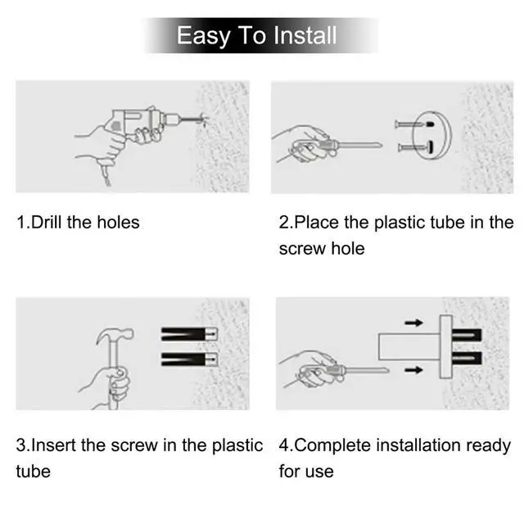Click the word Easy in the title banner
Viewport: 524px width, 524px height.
coord(203,36)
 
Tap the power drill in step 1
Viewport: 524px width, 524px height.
coord(147,122)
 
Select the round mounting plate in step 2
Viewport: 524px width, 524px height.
coord(431,135)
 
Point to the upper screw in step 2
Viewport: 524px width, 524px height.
coord(413,124)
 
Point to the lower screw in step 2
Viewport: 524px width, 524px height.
coord(415,147)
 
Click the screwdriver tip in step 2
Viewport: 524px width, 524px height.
coord(380,145)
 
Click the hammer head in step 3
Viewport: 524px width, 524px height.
coord(115,335)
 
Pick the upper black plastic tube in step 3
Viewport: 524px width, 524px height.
coord(189,334)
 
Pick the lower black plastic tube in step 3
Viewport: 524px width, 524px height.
coord(189,359)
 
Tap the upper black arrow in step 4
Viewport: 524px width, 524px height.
coord(413,323)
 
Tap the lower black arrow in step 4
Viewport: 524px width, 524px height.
coord(413,370)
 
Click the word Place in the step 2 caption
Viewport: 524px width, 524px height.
coord(317,222)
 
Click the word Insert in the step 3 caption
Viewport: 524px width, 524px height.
coord(53,445)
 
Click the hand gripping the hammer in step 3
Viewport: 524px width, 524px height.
coord(107,387)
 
